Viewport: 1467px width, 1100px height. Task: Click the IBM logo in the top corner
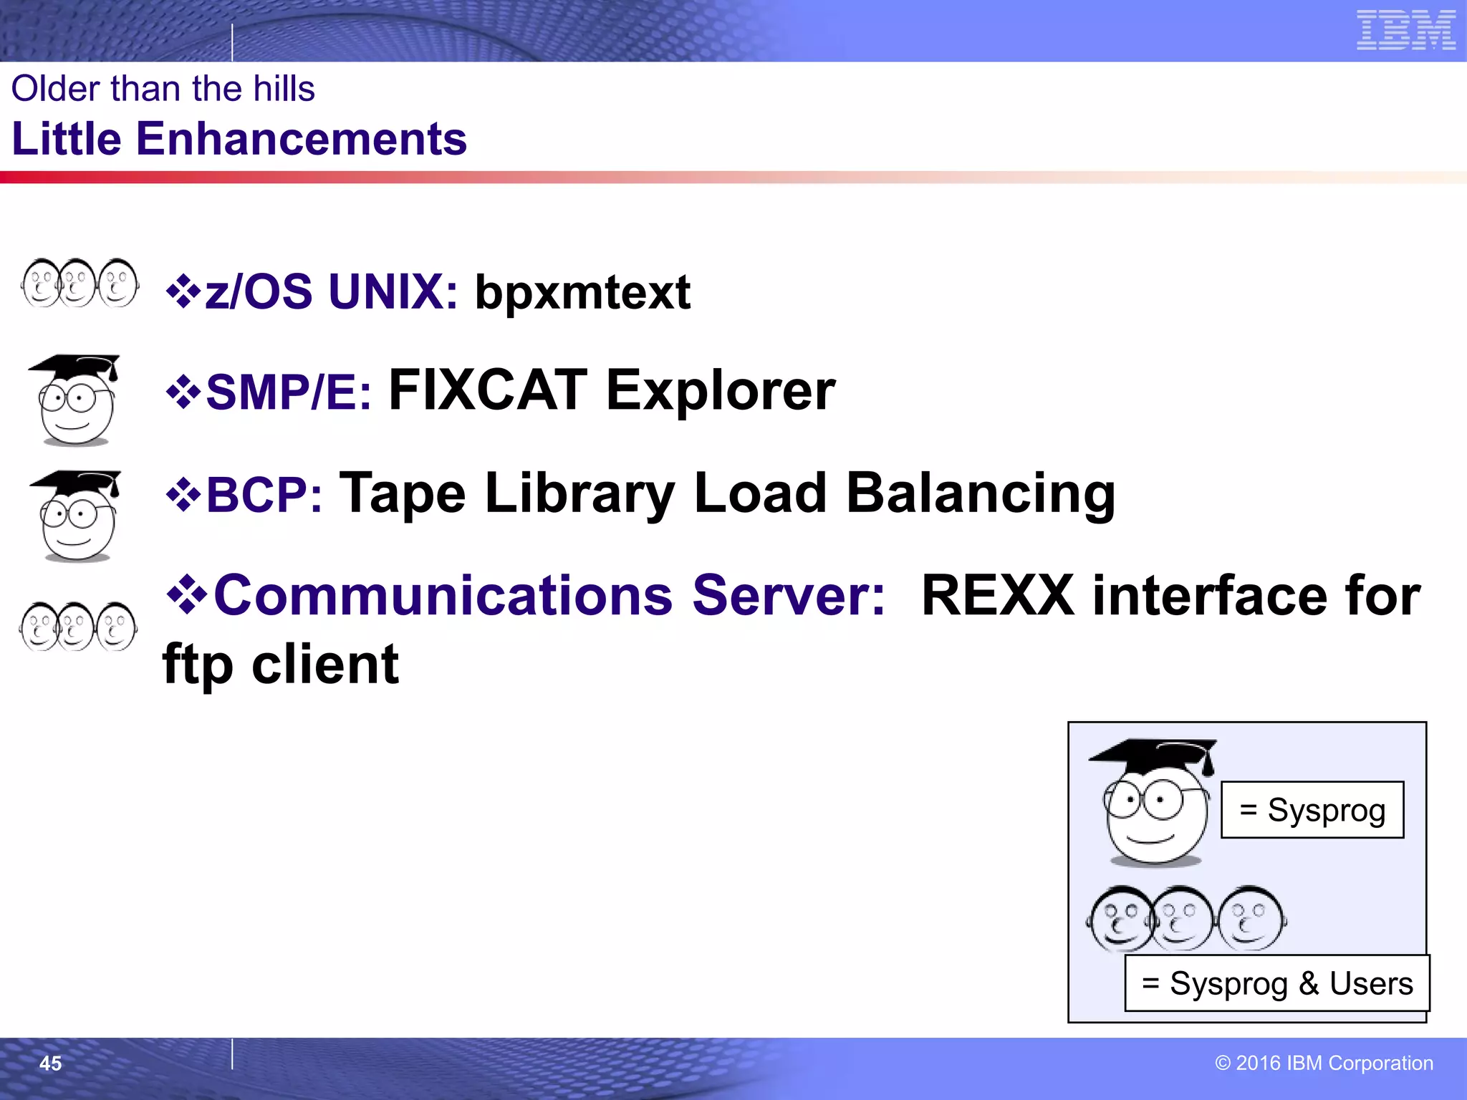pos(1405,30)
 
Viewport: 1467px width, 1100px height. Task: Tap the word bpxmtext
pos(582,292)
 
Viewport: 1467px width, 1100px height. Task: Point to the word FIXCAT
pos(488,390)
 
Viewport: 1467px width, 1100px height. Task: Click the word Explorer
pos(721,391)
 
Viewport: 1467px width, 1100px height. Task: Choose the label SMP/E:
pos(289,392)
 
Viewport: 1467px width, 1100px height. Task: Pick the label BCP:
pos(264,495)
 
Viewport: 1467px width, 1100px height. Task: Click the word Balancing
pos(981,493)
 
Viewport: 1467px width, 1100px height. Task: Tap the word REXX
pos(998,596)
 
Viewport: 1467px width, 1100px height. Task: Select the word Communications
pos(443,596)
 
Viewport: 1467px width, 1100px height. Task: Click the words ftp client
pos(281,664)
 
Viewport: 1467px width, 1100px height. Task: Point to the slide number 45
pos(50,1063)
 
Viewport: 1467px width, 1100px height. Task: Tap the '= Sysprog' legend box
pos(1312,810)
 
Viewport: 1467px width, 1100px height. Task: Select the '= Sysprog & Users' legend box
pos(1276,983)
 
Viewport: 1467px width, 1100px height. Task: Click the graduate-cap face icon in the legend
pos(1153,802)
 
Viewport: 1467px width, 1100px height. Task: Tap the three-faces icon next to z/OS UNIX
pos(80,284)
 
